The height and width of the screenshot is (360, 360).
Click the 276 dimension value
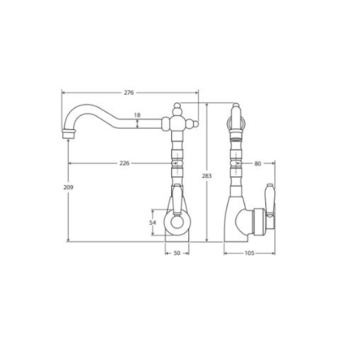129,93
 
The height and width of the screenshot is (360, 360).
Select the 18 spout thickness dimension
137,115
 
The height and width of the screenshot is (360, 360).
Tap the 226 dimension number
124,163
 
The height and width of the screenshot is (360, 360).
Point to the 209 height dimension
68,187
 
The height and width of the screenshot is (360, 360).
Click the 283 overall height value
207,176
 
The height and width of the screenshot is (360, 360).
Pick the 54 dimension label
153,222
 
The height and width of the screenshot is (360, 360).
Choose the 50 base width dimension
177,253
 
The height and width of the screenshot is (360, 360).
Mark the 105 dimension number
249,253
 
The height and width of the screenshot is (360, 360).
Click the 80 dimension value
258,164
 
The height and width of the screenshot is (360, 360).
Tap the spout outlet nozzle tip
68,134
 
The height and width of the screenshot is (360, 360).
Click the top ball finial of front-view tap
177,106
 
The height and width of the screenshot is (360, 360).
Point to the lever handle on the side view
269,200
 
